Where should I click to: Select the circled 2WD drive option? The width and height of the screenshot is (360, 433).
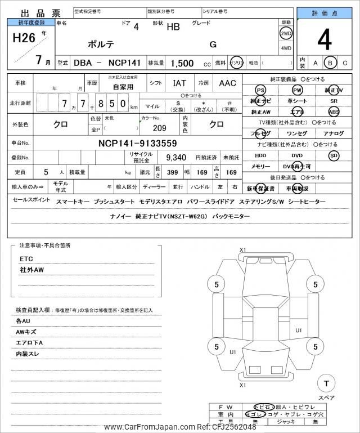[286, 33]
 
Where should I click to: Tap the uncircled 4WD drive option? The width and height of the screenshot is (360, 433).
[286, 48]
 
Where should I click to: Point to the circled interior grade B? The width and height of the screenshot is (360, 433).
[331, 63]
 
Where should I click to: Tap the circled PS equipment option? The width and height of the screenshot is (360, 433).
[260, 90]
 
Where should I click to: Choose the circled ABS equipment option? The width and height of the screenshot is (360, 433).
[334, 111]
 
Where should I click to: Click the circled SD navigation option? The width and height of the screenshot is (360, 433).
[334, 155]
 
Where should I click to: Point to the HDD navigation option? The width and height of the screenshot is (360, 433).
[260, 155]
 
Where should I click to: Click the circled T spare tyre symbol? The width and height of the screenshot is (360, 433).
[326, 383]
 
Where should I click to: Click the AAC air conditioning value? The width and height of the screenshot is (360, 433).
[227, 83]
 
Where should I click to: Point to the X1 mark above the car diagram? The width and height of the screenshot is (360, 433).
[243, 249]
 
